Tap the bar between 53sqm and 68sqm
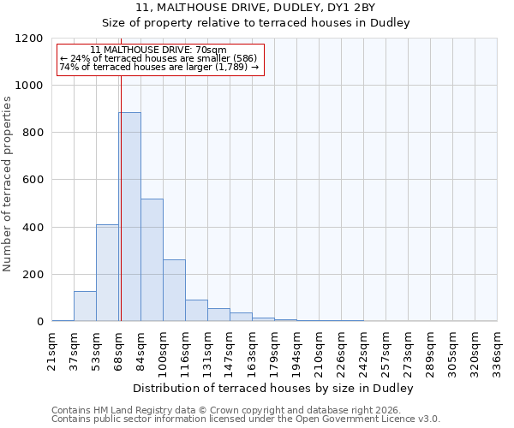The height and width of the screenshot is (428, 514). [107, 272]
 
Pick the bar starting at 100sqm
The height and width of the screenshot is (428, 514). [174, 290]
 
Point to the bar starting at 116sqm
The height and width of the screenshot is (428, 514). [196, 310]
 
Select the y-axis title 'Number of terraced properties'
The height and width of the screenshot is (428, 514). [9, 184]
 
